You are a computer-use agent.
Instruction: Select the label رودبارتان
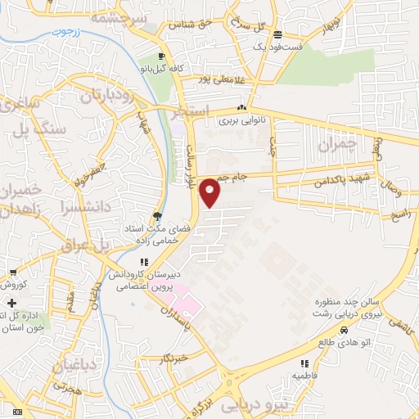(x=112, y=97)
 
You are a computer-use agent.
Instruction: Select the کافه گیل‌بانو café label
(x=159, y=69)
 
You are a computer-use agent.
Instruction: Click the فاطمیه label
(x=304, y=375)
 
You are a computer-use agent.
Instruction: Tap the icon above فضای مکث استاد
(x=155, y=217)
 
